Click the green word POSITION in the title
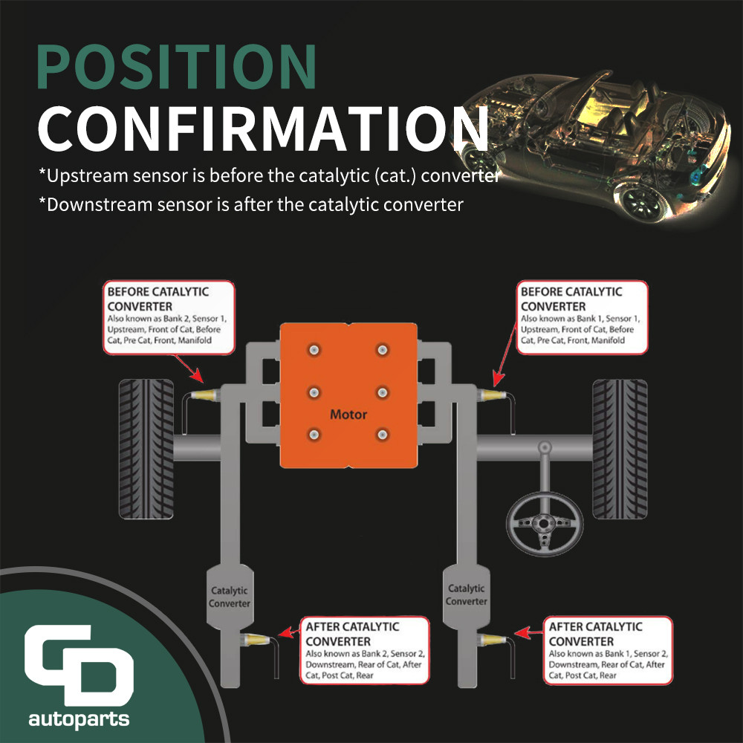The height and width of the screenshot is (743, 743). (x=176, y=67)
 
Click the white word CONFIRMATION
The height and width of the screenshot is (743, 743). (x=263, y=129)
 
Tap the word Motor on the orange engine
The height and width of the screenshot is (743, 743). (x=348, y=415)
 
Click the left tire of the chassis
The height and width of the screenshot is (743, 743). (x=146, y=449)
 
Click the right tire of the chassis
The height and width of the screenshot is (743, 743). (x=620, y=449)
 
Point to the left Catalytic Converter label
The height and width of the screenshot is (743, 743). (x=230, y=597)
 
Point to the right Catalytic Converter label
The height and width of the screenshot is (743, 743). (x=467, y=594)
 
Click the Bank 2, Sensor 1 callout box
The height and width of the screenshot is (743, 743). (x=169, y=317)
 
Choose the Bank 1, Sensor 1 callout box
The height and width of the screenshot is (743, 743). (x=582, y=317)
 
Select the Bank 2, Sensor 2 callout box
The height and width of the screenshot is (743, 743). (x=365, y=650)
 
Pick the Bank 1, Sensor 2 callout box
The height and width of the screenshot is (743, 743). (x=608, y=650)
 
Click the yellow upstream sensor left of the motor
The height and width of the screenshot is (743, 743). (x=205, y=395)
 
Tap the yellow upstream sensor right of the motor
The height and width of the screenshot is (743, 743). (x=491, y=395)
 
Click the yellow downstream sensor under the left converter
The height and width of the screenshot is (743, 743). (x=256, y=639)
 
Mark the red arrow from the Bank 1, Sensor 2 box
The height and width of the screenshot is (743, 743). (x=529, y=632)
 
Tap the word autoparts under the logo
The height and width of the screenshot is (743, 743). (x=80, y=719)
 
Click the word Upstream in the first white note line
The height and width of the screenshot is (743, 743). (x=87, y=176)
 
